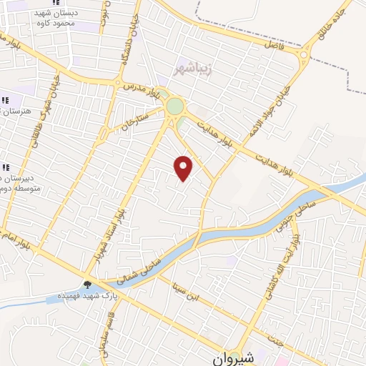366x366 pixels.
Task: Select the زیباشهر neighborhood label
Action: click(x=192, y=69)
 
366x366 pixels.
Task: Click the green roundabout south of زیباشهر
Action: click(x=174, y=107)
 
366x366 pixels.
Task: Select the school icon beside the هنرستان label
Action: click(x=4, y=100)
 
